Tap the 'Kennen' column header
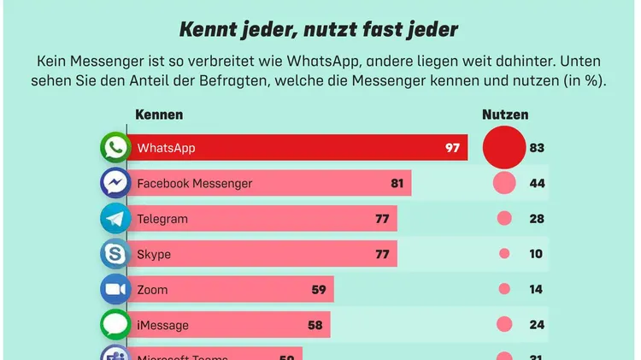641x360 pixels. click(160, 115)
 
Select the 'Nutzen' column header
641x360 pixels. click(505, 115)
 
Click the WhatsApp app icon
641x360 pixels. click(115, 148)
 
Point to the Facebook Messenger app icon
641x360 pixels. click(115, 183)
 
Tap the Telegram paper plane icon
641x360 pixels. click(115, 219)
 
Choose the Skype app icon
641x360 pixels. click(115, 254)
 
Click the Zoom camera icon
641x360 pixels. click(115, 290)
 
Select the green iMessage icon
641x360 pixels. click(115, 325)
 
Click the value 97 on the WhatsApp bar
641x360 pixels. click(452, 148)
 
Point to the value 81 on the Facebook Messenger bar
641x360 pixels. click(397, 184)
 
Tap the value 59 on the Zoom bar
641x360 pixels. click(319, 290)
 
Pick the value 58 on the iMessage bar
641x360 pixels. click(315, 326)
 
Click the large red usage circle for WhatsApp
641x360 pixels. click(503, 147)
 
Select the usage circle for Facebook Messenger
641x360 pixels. click(504, 183)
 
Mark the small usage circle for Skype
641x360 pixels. click(504, 254)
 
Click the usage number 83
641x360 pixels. click(537, 148)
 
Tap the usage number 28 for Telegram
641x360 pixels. click(537, 219)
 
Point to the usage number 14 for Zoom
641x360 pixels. click(537, 290)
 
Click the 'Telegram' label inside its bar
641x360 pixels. click(162, 219)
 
